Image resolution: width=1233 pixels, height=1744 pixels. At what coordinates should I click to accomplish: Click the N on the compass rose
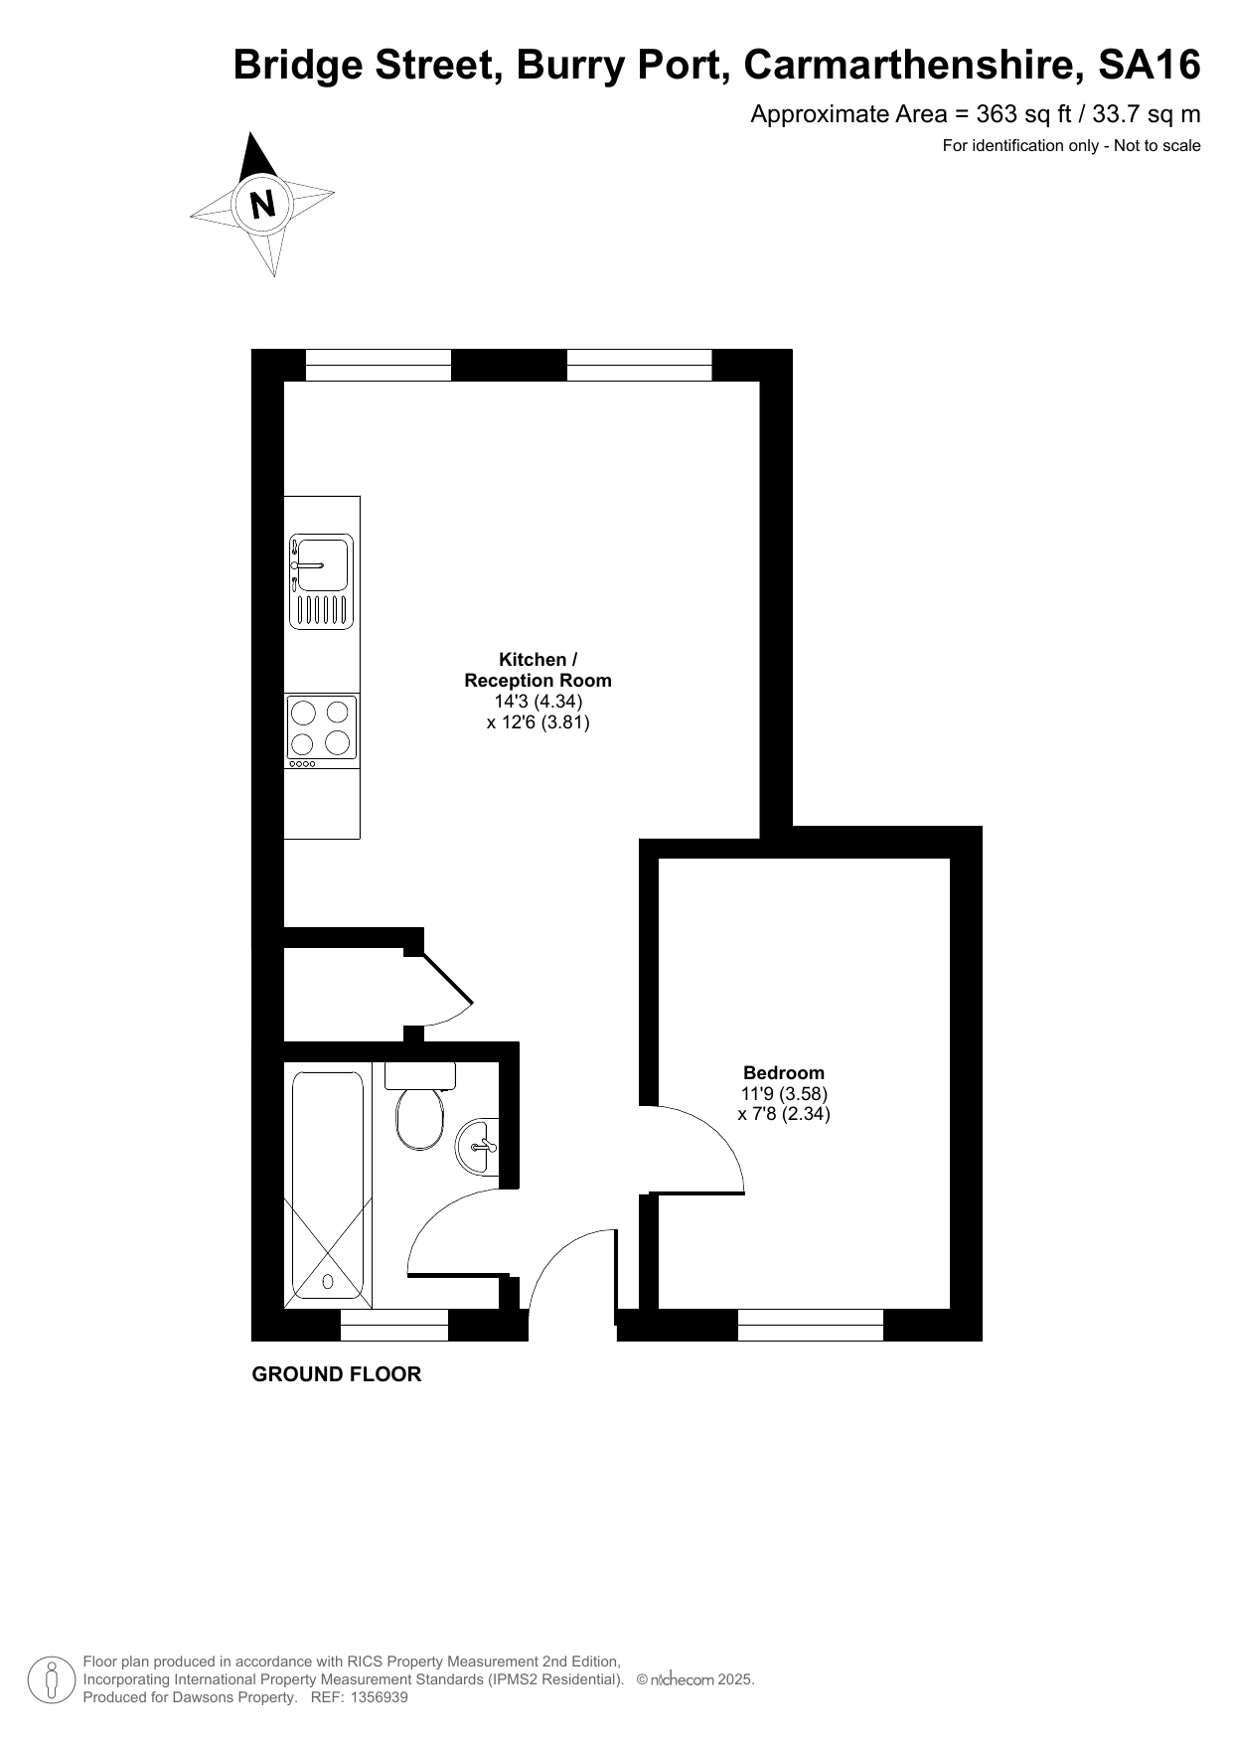point(262,205)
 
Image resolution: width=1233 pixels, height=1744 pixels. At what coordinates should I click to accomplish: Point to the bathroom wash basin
point(477,1146)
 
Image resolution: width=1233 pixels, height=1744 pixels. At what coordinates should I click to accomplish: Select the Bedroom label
point(784,1072)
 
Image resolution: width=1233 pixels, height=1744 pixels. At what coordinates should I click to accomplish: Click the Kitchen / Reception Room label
point(538,670)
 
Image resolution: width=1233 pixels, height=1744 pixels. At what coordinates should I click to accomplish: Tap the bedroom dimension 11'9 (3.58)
point(784,1093)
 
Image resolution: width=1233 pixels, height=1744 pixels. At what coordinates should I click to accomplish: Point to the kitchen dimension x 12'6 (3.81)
point(538,722)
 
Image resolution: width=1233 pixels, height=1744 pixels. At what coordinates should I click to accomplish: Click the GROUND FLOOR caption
point(337,1374)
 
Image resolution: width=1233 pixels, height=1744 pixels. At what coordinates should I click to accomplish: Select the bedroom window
point(811,1325)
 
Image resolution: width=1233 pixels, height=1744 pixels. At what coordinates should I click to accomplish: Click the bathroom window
point(394,1325)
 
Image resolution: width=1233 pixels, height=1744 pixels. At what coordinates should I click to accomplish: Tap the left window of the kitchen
point(379,365)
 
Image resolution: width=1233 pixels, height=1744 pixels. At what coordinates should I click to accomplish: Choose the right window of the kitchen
point(640,365)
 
